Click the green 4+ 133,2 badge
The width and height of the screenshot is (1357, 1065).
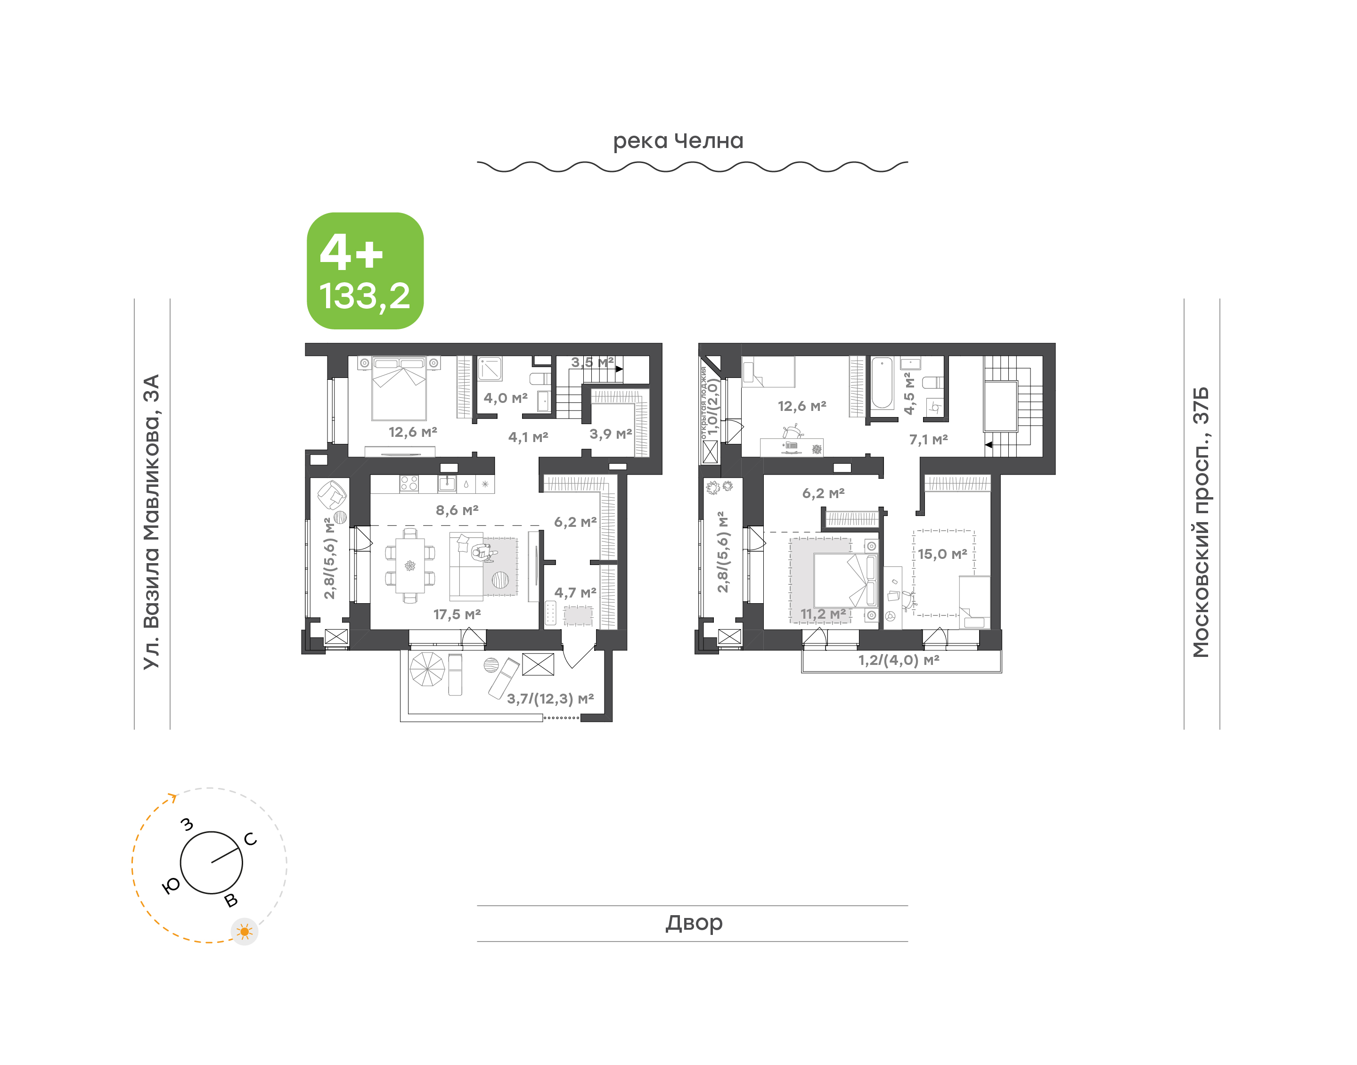(365, 270)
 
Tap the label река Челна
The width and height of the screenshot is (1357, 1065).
(678, 141)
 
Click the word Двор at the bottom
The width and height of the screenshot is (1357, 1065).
(694, 923)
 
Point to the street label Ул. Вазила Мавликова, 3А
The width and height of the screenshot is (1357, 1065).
(151, 522)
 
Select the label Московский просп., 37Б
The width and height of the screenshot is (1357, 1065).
(1200, 522)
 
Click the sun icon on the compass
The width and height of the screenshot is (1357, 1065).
(245, 932)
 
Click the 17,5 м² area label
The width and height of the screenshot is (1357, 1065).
(457, 614)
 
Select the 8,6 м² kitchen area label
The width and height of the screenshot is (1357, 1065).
(457, 510)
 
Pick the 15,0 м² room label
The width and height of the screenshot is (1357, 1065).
(942, 554)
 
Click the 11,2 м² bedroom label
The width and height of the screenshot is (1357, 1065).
(823, 614)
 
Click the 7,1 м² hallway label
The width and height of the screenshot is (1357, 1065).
(928, 440)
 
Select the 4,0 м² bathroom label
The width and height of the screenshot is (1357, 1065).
(506, 398)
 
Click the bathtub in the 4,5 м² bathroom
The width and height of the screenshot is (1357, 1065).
(882, 382)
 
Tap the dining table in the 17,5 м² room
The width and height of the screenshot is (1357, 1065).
(409, 565)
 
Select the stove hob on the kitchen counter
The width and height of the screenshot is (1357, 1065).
(409, 483)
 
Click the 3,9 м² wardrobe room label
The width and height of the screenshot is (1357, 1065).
(610, 434)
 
